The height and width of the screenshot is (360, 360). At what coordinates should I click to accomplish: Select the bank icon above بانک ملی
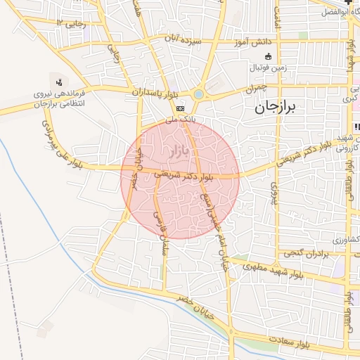coord(181,109)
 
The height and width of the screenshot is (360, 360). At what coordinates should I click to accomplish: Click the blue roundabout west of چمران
coord(199,94)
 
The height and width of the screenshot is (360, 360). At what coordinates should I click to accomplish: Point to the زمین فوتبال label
coord(267,68)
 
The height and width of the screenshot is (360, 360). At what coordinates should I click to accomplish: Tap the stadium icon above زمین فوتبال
coord(267,57)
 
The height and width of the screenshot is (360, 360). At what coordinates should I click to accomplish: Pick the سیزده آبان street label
coord(184,41)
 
